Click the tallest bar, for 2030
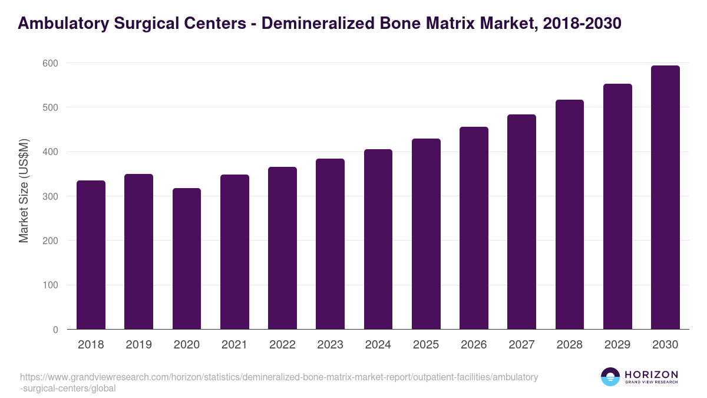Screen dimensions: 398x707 665,198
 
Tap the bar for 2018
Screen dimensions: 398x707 91,255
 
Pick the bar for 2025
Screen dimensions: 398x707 426,233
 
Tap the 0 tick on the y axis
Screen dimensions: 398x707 55,330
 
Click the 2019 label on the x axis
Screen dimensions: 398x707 138,345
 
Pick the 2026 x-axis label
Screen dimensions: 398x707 474,345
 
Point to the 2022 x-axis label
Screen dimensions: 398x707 282,345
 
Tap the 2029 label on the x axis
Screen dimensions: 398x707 617,345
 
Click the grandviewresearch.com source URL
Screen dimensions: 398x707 279,383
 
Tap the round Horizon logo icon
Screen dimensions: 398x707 610,377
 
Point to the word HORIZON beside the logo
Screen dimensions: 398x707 651,374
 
